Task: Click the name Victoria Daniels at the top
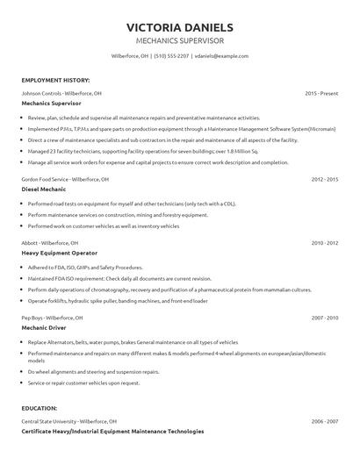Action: tap(180, 27)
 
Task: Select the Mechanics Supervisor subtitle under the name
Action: tap(180, 40)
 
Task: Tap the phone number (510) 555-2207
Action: tap(171, 56)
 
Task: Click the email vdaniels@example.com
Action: tap(222, 56)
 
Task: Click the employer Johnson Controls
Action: tap(41, 92)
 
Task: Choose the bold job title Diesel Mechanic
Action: tap(45, 189)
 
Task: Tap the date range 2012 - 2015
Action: tap(325, 179)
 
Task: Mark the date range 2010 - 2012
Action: tap(325, 242)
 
